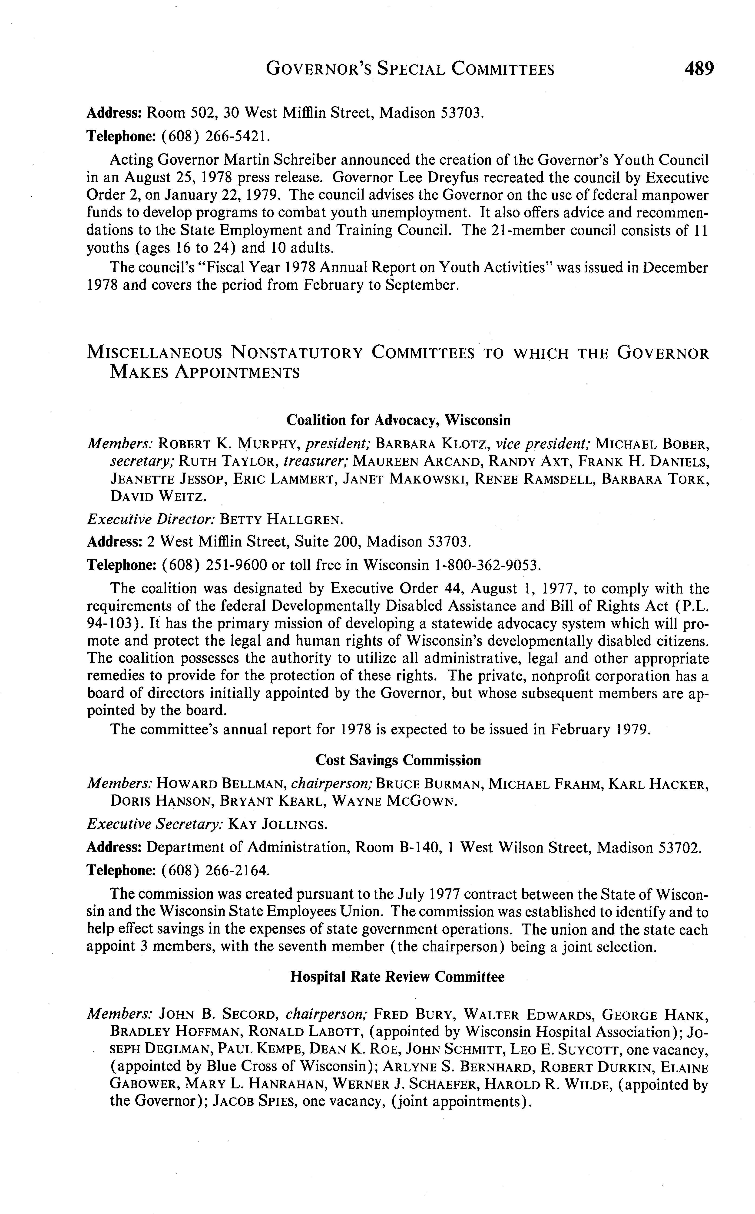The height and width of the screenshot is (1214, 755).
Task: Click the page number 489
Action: [700, 68]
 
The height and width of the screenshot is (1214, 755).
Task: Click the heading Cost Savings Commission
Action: [398, 760]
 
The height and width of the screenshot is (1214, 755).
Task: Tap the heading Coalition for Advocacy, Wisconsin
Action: [398, 420]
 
